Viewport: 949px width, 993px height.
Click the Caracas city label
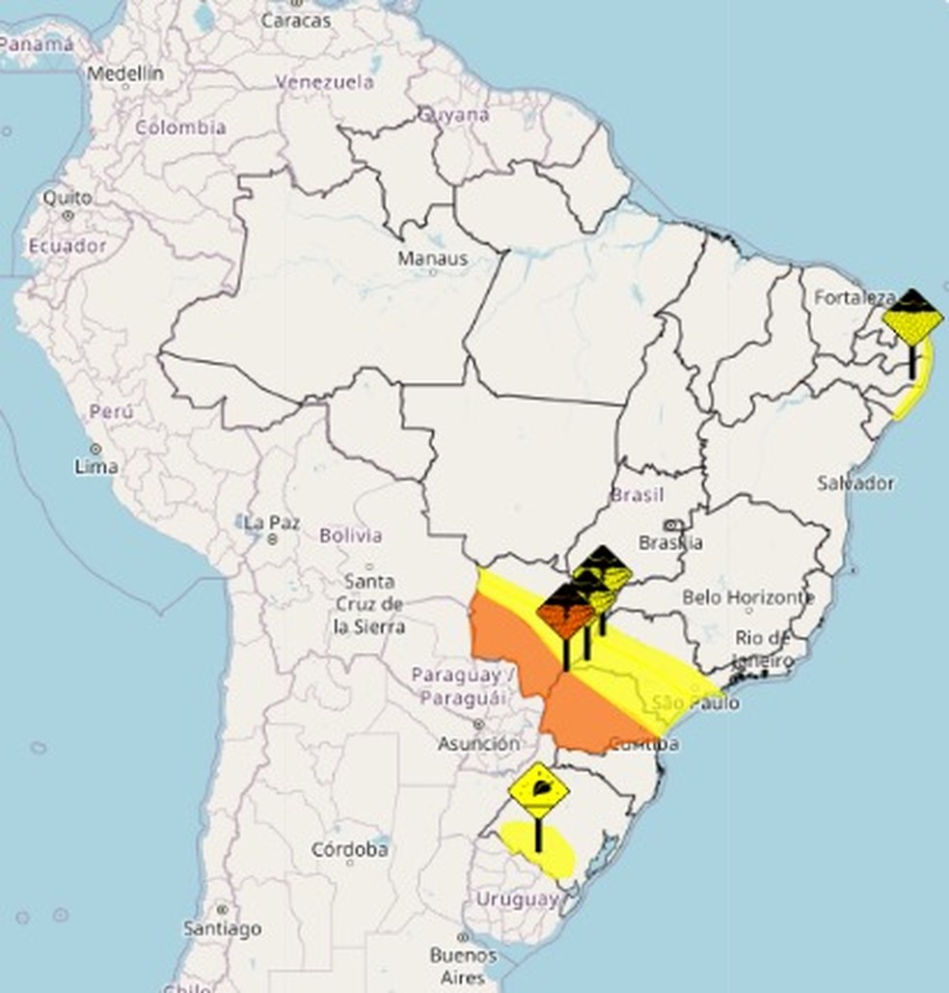(295, 20)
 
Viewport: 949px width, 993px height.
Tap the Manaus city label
(432, 259)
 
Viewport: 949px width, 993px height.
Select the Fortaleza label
(854, 297)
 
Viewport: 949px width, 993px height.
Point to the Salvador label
(855, 483)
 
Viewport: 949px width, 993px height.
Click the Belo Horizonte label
(748, 597)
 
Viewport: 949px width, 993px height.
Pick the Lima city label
(96, 466)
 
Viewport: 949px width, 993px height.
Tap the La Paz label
(271, 522)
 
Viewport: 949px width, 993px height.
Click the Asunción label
(478, 743)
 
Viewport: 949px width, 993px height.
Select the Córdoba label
(349, 849)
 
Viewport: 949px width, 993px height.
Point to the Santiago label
(222, 928)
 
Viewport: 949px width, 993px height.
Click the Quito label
(68, 198)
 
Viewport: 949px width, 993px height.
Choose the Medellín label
(125, 73)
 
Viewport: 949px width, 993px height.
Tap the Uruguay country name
(517, 899)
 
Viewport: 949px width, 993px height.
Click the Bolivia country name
(351, 535)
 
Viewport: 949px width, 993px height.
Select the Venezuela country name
(325, 83)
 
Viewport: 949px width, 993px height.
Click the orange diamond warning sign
(565, 609)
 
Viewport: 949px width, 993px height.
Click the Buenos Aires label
(463, 964)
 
